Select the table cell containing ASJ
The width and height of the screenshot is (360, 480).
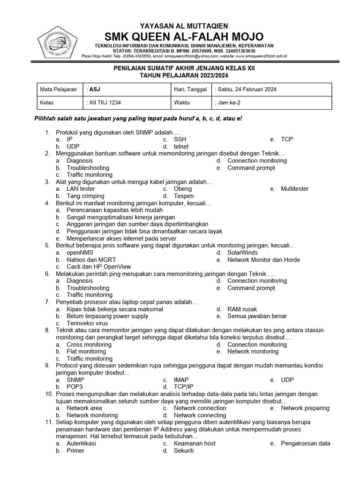127,90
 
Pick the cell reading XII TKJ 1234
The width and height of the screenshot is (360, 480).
127,102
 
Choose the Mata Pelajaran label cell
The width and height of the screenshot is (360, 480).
59,90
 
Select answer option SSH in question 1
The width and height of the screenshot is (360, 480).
180,139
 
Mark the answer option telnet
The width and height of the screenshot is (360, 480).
181,147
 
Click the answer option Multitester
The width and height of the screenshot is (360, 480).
295,189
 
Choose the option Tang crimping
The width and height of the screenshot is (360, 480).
85,196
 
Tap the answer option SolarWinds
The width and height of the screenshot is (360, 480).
242,253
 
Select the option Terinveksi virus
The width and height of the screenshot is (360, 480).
87,323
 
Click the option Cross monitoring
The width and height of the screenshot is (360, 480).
89,345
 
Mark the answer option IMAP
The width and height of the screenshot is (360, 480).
181,380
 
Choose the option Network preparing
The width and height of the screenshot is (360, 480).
305,408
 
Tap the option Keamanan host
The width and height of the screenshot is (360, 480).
195,443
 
